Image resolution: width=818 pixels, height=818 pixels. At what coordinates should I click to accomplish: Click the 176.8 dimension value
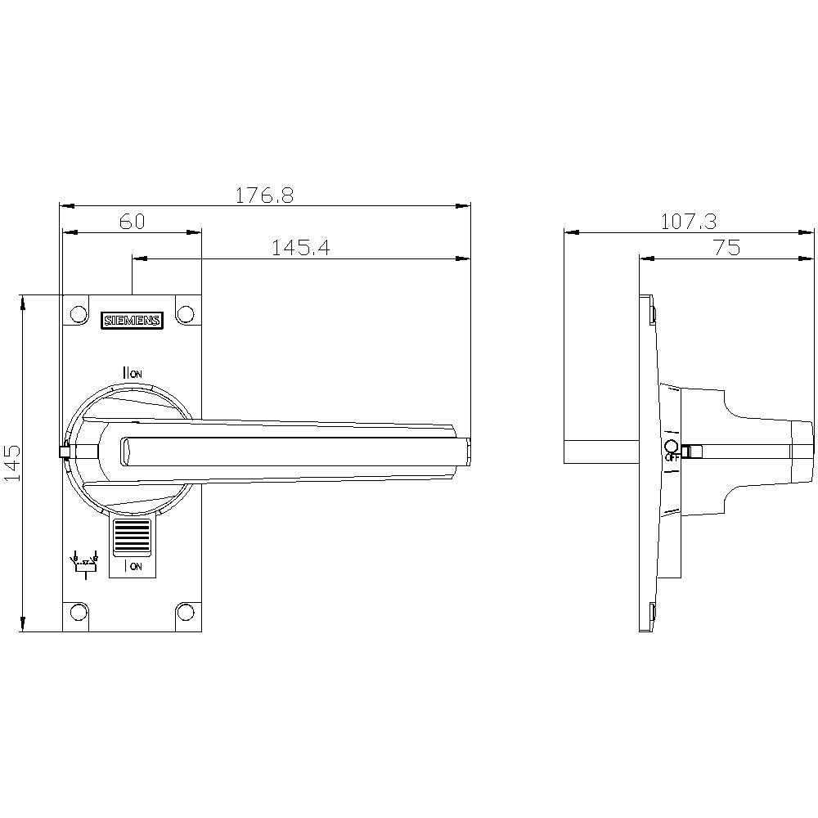click(264, 196)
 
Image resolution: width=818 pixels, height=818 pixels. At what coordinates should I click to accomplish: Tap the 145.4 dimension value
click(300, 248)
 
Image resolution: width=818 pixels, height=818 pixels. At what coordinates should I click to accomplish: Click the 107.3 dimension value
click(688, 222)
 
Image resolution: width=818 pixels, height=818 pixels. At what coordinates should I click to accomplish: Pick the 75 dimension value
click(726, 248)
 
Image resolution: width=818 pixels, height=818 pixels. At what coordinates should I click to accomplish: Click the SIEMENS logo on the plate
click(132, 321)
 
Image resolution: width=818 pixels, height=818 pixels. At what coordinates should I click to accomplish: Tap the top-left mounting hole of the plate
click(78, 315)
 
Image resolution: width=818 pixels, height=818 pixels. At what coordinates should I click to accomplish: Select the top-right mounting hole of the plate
click(186, 315)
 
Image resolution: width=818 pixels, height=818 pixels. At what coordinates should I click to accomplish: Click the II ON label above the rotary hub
click(132, 373)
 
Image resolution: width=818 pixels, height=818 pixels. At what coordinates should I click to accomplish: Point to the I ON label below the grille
click(133, 565)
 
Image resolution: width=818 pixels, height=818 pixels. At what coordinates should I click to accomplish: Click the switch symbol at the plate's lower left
click(84, 564)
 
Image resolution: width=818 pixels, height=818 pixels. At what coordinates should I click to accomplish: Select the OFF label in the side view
click(672, 458)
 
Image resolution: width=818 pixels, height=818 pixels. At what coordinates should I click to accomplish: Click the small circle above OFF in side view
click(671, 446)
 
